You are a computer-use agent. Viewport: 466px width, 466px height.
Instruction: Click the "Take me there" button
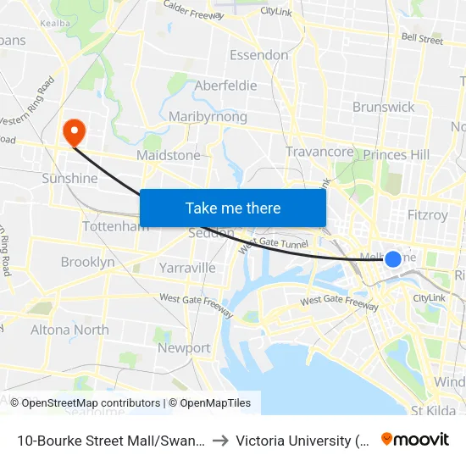pyautogui.click(x=233, y=208)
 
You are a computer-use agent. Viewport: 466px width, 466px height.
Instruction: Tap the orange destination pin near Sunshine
pyautogui.click(x=75, y=131)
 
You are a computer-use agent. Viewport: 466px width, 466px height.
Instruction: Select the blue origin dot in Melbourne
pyautogui.click(x=393, y=259)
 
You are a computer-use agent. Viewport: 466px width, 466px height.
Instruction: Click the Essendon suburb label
pyautogui.click(x=259, y=55)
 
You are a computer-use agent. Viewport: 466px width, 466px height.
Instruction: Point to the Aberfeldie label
pyautogui.click(x=225, y=86)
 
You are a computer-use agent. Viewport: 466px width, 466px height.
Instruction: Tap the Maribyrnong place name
pyautogui.click(x=208, y=117)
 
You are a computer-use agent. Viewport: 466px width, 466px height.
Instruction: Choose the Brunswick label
pyautogui.click(x=383, y=107)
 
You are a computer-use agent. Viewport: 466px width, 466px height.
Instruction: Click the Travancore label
pyautogui.click(x=319, y=152)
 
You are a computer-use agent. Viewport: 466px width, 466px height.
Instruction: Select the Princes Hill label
pyautogui.click(x=396, y=154)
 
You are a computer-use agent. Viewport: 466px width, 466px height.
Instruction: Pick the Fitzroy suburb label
pyautogui.click(x=427, y=215)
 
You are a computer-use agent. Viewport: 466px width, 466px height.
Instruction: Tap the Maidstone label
pyautogui.click(x=169, y=156)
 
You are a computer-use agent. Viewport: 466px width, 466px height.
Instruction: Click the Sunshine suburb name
pyautogui.click(x=69, y=179)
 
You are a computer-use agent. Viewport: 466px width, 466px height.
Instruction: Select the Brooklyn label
pyautogui.click(x=87, y=263)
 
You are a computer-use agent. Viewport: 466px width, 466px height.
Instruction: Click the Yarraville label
pyautogui.click(x=187, y=268)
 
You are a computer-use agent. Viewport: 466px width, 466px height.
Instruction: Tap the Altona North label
pyautogui.click(x=69, y=330)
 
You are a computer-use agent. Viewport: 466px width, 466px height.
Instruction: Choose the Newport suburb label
pyautogui.click(x=184, y=347)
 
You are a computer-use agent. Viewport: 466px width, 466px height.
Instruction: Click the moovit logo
pyautogui.click(x=414, y=440)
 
